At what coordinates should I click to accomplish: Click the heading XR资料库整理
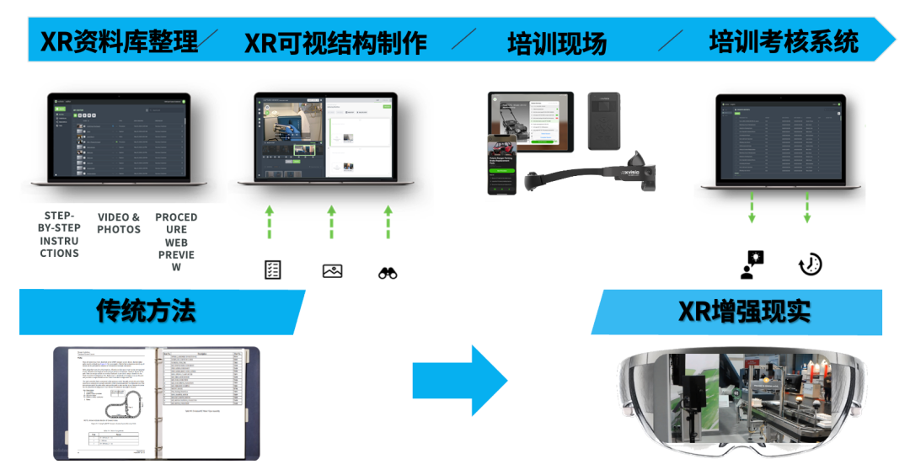[x=119, y=41]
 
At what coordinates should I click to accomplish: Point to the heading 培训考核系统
[x=784, y=41]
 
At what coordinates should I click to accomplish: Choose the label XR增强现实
[x=744, y=311]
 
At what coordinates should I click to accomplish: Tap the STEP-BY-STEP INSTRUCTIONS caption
[x=60, y=235]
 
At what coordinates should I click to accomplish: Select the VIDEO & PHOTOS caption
[x=119, y=224]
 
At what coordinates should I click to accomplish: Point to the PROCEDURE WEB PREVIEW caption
[x=175, y=242]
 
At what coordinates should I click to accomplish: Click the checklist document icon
[x=273, y=270]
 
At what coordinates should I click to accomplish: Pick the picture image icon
[x=332, y=270]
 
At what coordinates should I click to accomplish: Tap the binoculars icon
[x=388, y=272]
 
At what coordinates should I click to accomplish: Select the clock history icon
[x=810, y=264]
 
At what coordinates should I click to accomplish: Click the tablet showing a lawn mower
[x=531, y=121]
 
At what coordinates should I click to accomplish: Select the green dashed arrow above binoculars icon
[x=388, y=221]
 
